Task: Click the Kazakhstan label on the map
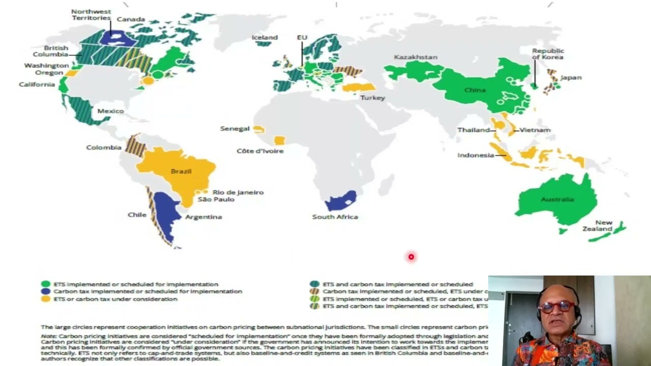[416, 57]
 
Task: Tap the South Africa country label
[335, 217]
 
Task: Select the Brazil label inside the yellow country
[181, 171]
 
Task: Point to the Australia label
[557, 199]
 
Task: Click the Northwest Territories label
[91, 15]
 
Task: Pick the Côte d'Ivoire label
[260, 151]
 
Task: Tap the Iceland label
[265, 38]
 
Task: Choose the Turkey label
[373, 98]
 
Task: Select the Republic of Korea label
[548, 54]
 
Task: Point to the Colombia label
[104, 147]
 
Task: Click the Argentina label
[203, 217]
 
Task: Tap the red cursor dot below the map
[411, 257]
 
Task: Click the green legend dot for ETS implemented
[46, 284]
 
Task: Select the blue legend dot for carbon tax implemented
[46, 292]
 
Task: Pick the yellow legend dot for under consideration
[46, 299]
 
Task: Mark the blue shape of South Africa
[340, 202]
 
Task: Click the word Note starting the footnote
[49, 337]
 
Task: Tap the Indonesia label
[476, 156]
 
